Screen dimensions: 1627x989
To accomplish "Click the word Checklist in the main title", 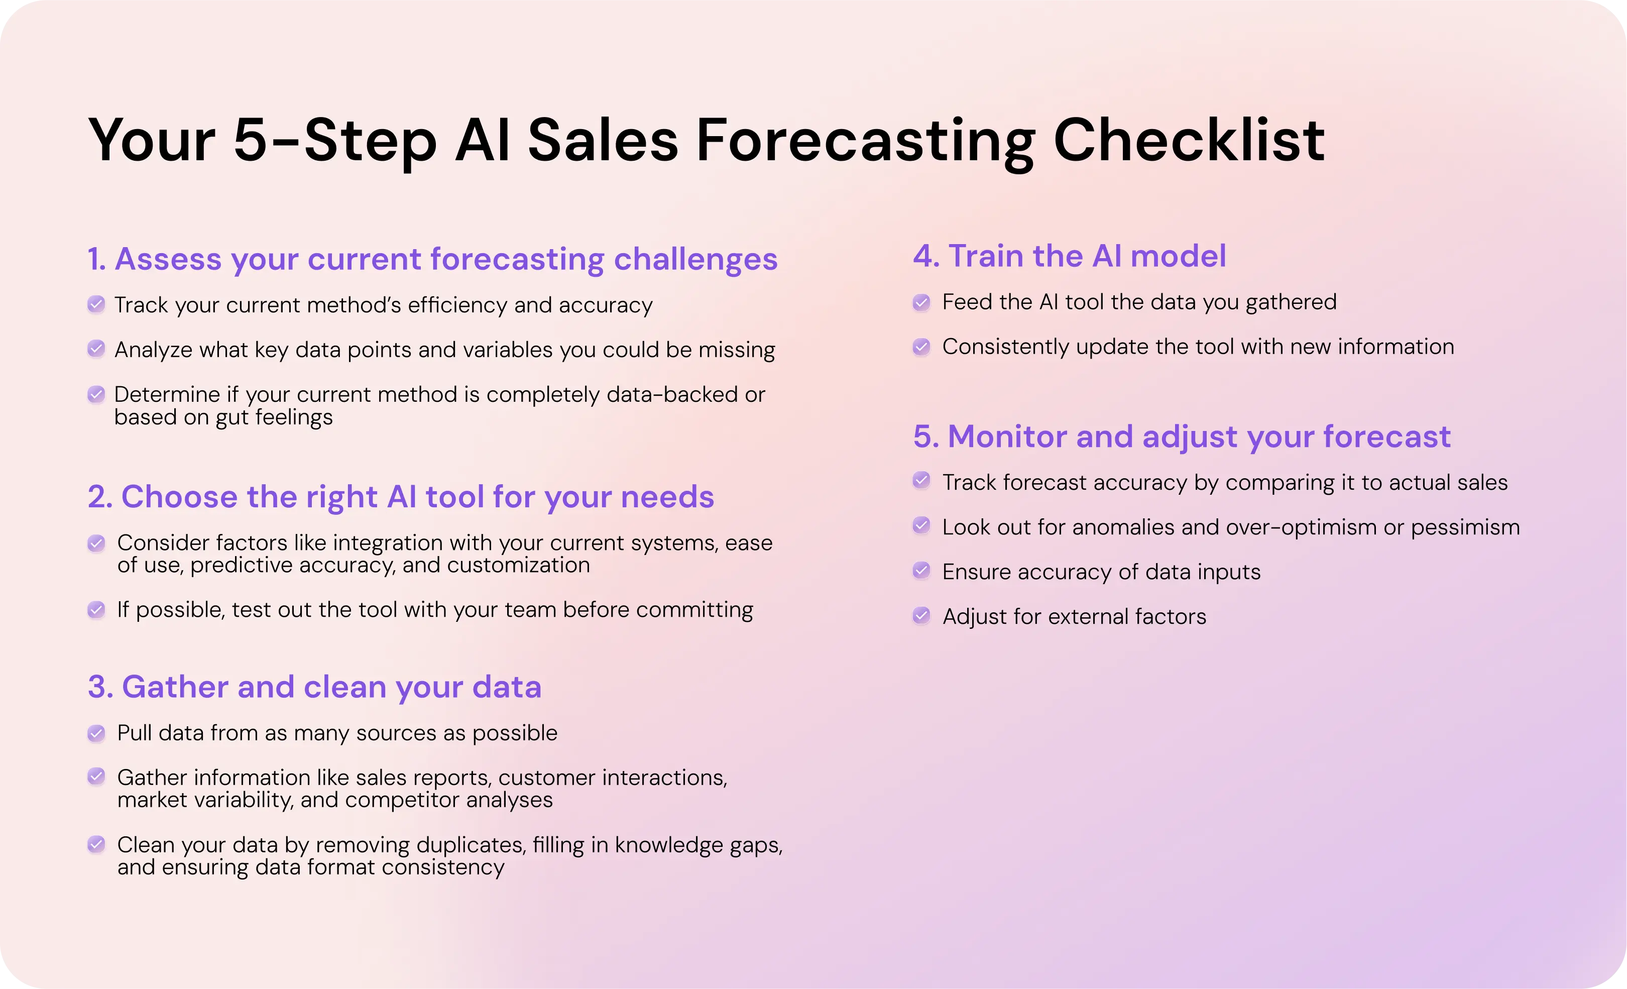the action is [1189, 140].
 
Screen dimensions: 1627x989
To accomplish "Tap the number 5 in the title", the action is [250, 140].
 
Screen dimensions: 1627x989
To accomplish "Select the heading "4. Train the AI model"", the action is [1070, 256].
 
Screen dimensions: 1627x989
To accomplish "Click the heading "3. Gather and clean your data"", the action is [315, 687].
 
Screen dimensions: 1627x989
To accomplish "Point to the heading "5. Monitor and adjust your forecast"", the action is [1182, 436].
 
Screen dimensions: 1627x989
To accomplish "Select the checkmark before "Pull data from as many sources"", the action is [96, 733].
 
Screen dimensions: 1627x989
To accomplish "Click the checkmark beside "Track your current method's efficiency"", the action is [96, 304].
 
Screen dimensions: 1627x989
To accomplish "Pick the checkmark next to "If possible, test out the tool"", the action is [96, 609].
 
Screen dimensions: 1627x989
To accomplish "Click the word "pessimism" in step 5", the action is [1465, 528].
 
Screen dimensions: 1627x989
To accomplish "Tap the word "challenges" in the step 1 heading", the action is [695, 260].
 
